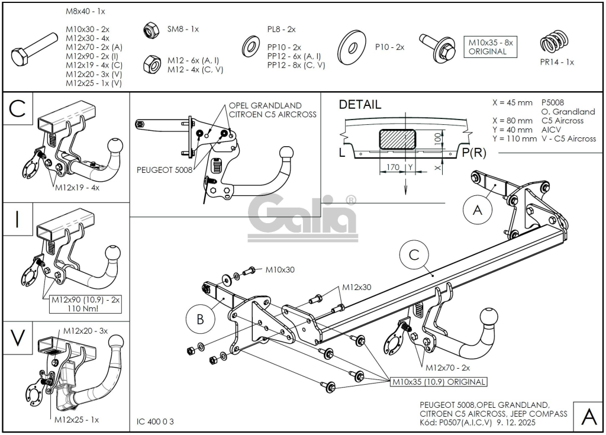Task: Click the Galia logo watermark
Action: [x=302, y=218]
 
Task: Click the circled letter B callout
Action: [x=200, y=320]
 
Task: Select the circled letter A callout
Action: [x=478, y=210]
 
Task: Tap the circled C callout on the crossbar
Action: [x=414, y=255]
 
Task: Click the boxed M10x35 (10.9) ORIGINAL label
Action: [x=439, y=382]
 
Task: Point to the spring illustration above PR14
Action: [x=555, y=41]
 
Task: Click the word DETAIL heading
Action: [x=360, y=104]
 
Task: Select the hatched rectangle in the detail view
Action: [x=398, y=139]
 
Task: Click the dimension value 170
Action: [x=393, y=167]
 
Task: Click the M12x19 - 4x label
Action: [x=78, y=188]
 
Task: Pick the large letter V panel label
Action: [x=17, y=337]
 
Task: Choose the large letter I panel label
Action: [x=17, y=219]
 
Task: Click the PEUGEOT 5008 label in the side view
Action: [x=165, y=170]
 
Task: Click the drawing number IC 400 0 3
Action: [x=156, y=421]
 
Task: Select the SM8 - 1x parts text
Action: [x=183, y=29]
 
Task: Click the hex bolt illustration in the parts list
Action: [x=34, y=49]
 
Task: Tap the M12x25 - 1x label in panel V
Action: [x=76, y=420]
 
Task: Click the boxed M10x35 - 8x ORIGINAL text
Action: [x=491, y=47]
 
